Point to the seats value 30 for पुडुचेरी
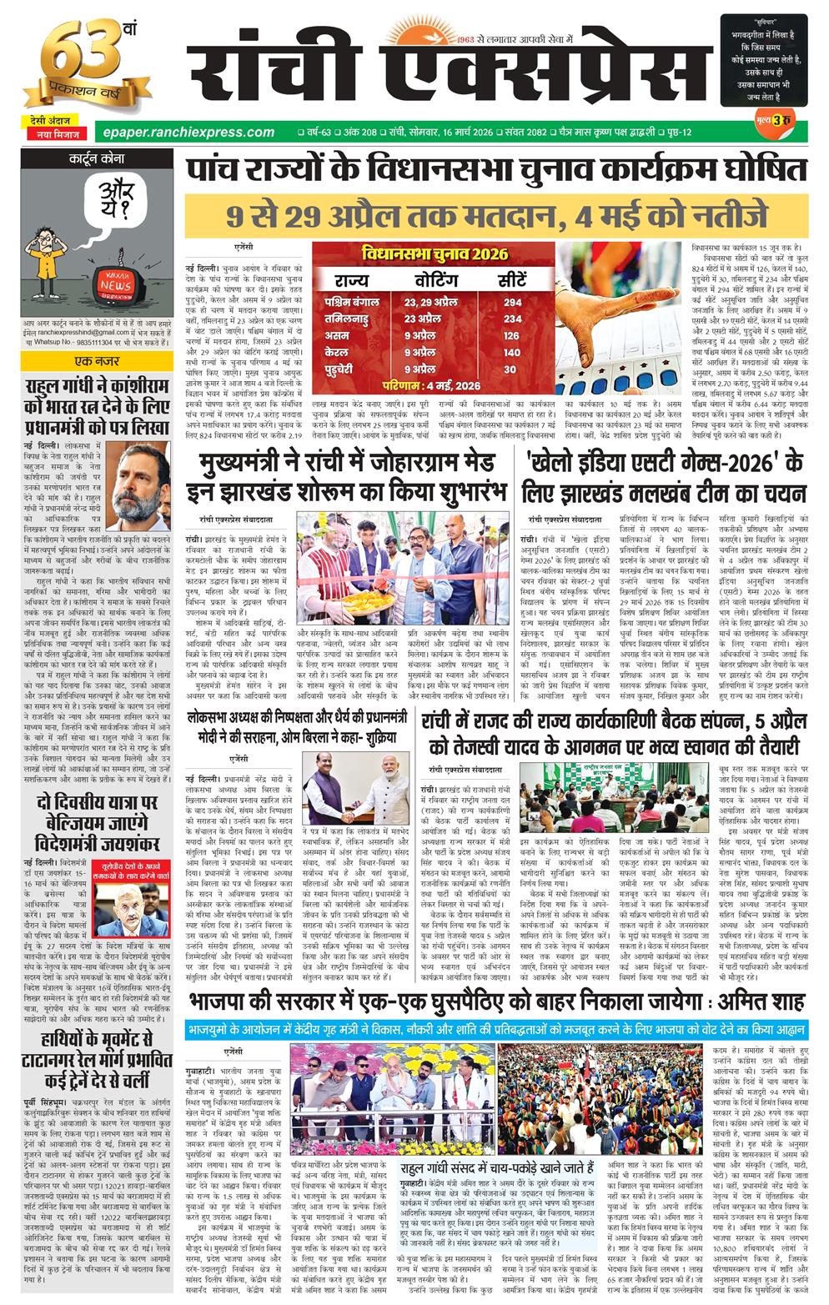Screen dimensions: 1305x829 click(510, 369)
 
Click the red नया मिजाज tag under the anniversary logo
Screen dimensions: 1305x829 click(55, 134)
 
